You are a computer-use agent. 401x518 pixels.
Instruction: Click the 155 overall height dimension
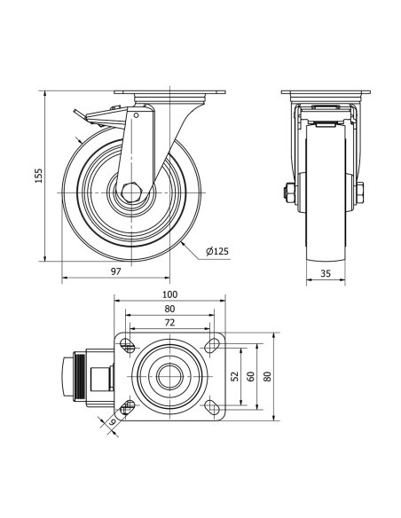click(x=39, y=176)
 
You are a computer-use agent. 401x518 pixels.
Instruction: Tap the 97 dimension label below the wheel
click(x=115, y=271)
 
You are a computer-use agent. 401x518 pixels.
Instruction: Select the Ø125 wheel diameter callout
click(x=217, y=252)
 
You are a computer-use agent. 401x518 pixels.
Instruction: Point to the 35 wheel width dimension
click(x=326, y=273)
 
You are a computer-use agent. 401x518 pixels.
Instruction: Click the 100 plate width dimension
click(x=169, y=294)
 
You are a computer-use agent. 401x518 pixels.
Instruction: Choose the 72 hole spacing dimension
click(x=169, y=323)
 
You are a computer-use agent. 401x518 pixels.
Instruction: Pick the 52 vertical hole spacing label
click(x=235, y=376)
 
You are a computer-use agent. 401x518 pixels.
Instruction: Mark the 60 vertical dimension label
click(x=251, y=376)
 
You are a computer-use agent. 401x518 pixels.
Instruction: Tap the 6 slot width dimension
click(x=112, y=421)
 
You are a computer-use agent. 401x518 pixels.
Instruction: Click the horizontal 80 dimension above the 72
click(x=169, y=309)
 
